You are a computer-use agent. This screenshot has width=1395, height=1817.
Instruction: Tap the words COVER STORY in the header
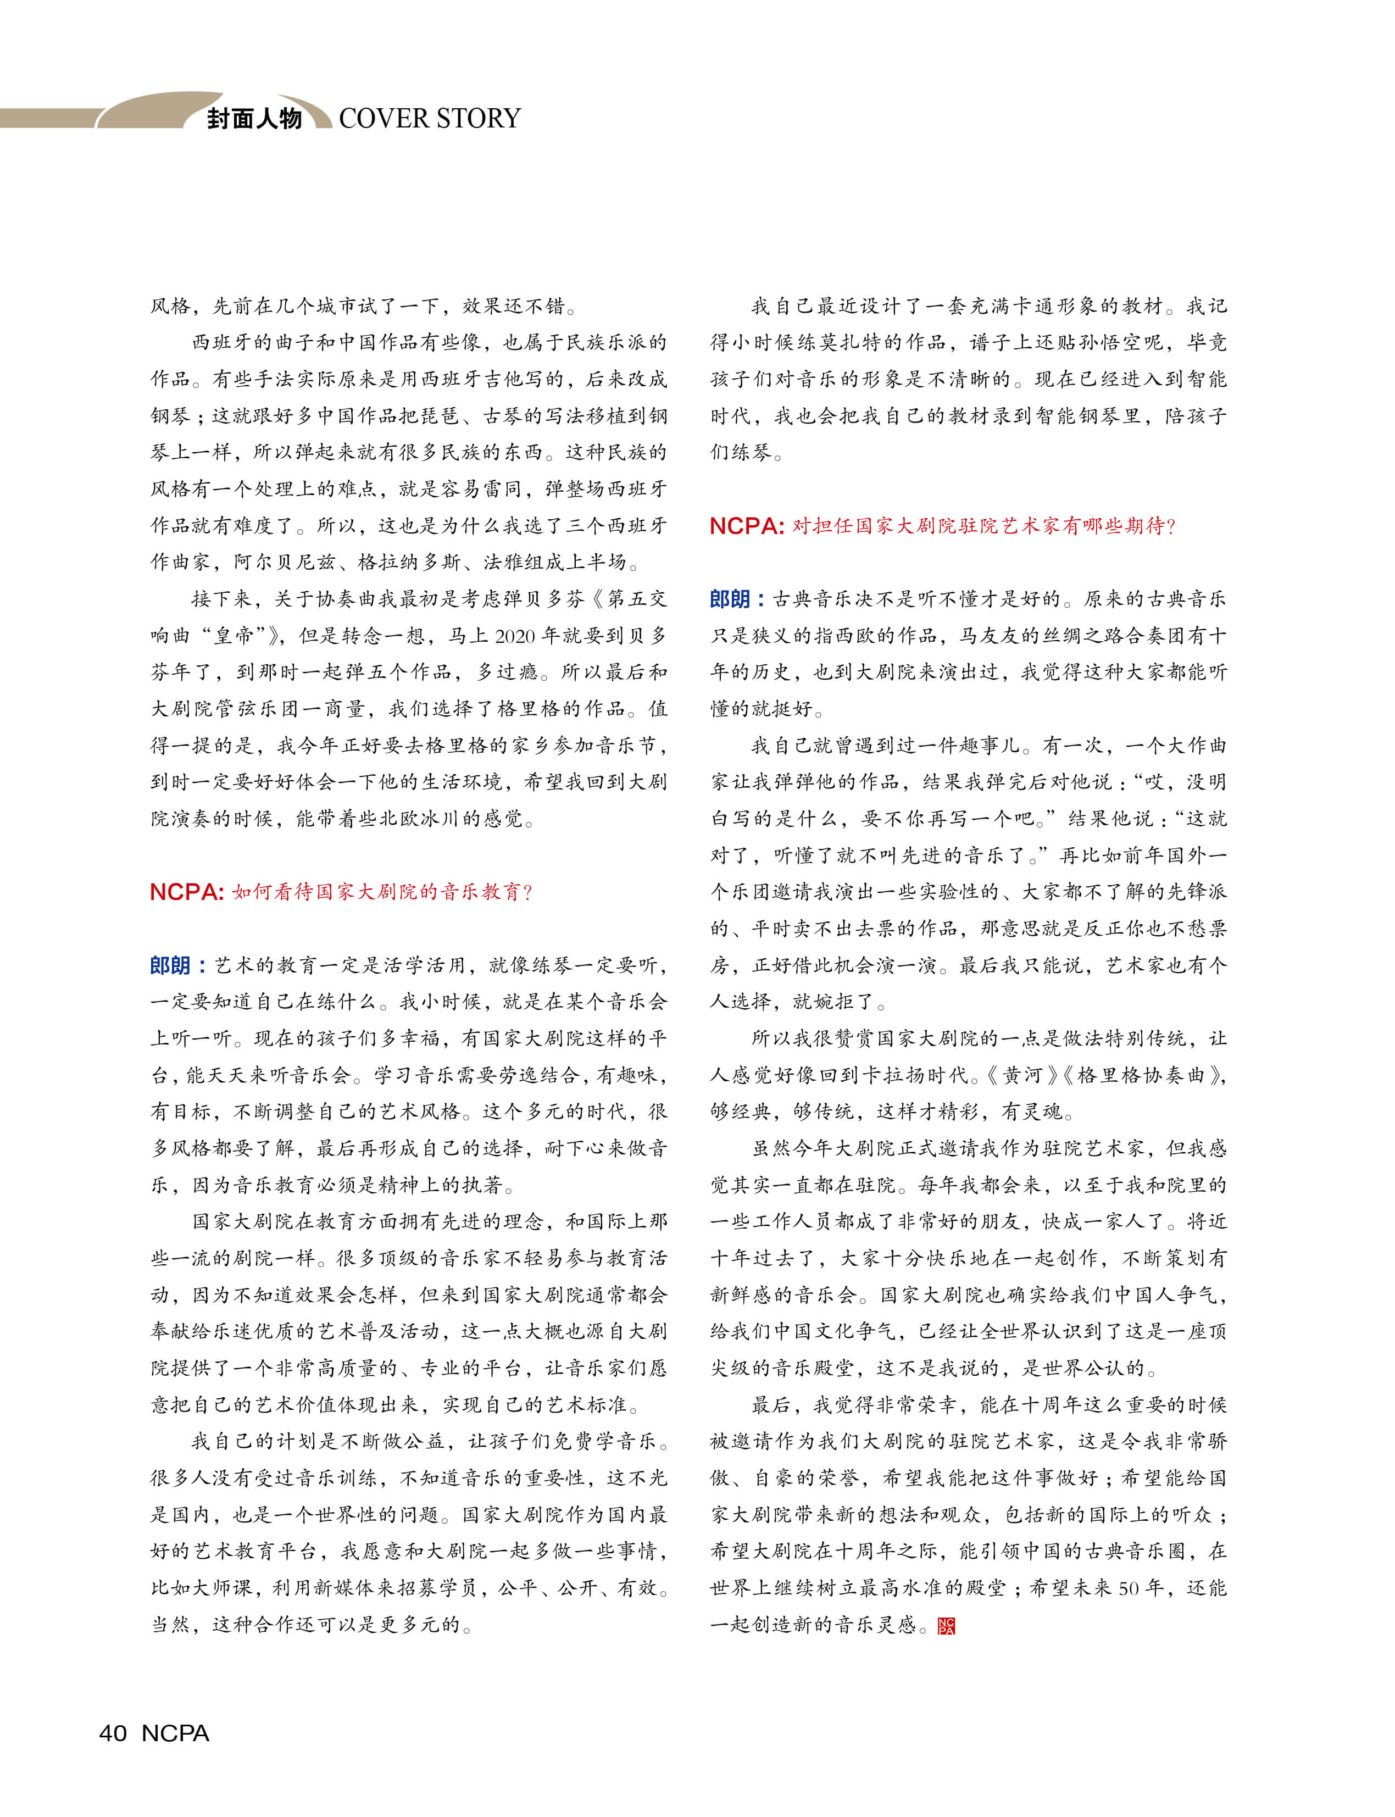pyautogui.click(x=429, y=119)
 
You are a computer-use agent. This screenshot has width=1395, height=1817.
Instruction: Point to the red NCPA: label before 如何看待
pyautogui.click(x=187, y=892)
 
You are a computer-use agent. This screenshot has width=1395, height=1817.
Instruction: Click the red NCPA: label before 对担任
pyautogui.click(x=747, y=526)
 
